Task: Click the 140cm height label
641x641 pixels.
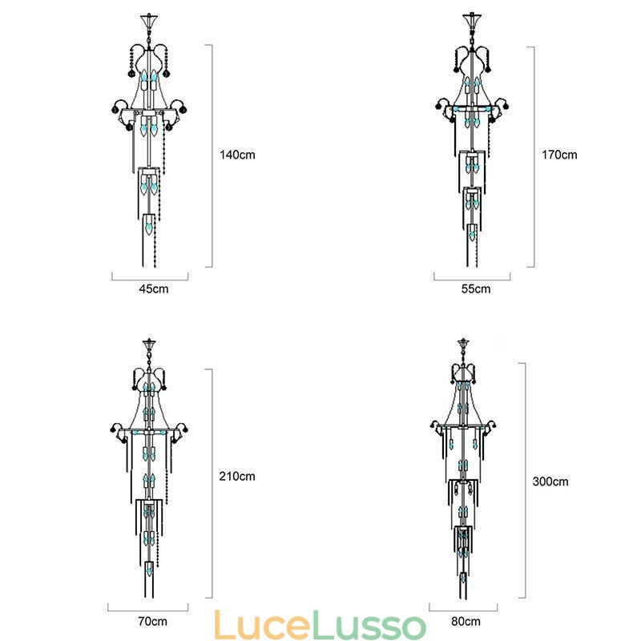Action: (x=237, y=155)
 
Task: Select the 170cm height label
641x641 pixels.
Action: (x=559, y=155)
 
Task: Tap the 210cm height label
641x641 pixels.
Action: (x=237, y=476)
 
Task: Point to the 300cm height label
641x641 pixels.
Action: (x=550, y=482)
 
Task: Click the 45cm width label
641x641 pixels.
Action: (x=149, y=289)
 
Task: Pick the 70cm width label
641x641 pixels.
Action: (x=148, y=621)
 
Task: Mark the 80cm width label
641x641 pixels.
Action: (x=466, y=621)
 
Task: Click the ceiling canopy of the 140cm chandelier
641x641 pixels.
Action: (x=149, y=18)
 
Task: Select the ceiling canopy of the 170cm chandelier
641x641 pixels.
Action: (x=472, y=18)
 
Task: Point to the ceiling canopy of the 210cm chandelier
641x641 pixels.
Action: (x=149, y=344)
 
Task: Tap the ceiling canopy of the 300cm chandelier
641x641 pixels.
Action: (x=463, y=344)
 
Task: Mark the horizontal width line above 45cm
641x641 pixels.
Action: (x=150, y=278)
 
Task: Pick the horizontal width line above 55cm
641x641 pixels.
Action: (x=472, y=278)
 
